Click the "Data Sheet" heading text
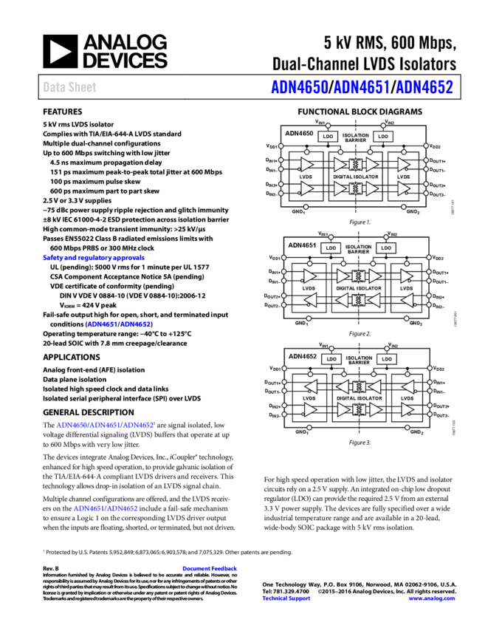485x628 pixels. pos(69,87)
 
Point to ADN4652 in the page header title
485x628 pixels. pos(424,87)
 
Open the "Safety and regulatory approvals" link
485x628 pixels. pos(94,258)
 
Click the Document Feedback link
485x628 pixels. pos(210,568)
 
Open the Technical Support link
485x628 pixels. pos(286,598)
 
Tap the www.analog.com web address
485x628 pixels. pos(432,598)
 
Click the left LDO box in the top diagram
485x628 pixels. pos(328,137)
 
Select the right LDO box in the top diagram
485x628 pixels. pos(383,137)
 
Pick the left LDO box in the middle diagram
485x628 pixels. pos(331,248)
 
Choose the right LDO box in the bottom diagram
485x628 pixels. pos(387,359)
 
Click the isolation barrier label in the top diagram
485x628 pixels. pos(356,137)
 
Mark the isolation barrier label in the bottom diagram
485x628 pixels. pos(359,359)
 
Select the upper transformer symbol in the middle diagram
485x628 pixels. pos(359,276)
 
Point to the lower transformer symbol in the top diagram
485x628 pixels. pos(356,188)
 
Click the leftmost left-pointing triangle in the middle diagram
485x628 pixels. pos(310,300)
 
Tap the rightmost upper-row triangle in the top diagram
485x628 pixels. pos(403,165)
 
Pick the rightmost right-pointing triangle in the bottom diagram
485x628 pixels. pos(407,409)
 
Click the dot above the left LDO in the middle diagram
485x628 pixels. pos(331,237)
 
